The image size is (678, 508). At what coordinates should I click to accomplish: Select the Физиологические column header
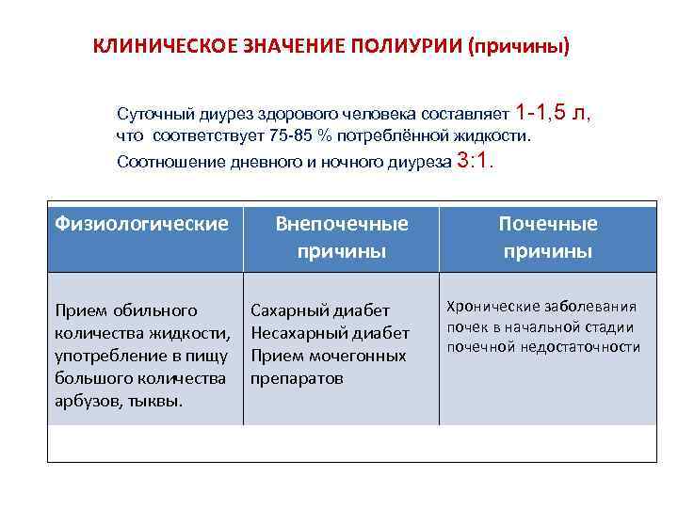142,223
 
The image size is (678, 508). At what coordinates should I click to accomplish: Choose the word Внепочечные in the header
342,223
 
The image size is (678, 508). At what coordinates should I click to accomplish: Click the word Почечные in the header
548,223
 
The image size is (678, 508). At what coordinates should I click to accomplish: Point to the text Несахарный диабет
330,332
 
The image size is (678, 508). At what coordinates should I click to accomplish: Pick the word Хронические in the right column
492,306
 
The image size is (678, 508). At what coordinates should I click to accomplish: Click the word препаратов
297,378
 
